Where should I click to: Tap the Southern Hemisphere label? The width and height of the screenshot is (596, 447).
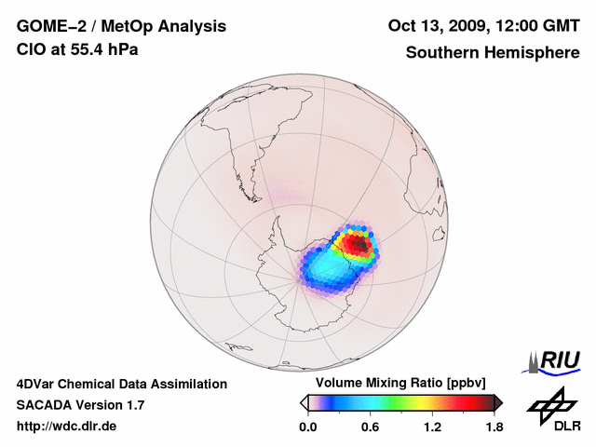point(492,52)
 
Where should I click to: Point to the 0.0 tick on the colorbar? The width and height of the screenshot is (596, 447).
point(307,427)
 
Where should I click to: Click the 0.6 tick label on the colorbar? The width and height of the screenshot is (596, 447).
point(370,427)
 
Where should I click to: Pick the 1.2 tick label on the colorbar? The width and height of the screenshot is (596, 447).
point(432,427)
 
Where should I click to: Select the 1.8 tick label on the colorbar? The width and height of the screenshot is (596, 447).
point(494,427)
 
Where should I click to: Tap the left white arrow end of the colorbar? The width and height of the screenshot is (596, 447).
point(304,401)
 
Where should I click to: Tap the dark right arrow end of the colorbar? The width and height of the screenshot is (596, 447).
point(497,401)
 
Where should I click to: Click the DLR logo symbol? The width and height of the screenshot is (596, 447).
point(549,403)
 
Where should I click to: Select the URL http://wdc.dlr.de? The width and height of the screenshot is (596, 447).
point(67,427)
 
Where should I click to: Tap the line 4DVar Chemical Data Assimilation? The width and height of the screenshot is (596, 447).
point(121,384)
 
